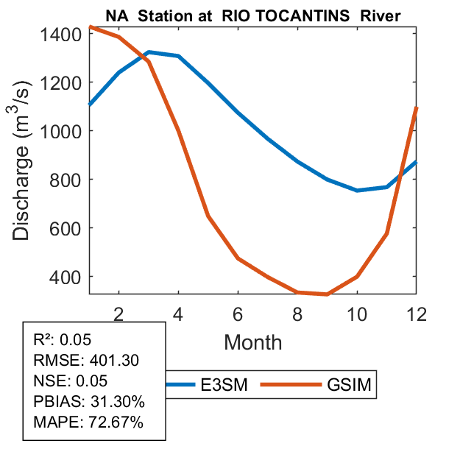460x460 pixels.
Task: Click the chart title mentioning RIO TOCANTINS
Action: (252, 15)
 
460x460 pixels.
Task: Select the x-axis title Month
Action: (252, 342)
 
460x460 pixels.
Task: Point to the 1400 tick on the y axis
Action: (62, 34)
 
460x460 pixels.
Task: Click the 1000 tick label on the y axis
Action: (62, 131)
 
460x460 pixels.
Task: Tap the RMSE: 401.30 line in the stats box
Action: (86, 361)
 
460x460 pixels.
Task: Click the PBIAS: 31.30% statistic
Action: (89, 402)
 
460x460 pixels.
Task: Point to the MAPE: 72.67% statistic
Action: (88, 422)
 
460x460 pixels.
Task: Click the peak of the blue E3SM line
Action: (149, 52)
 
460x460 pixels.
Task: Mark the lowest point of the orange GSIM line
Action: (327, 294)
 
